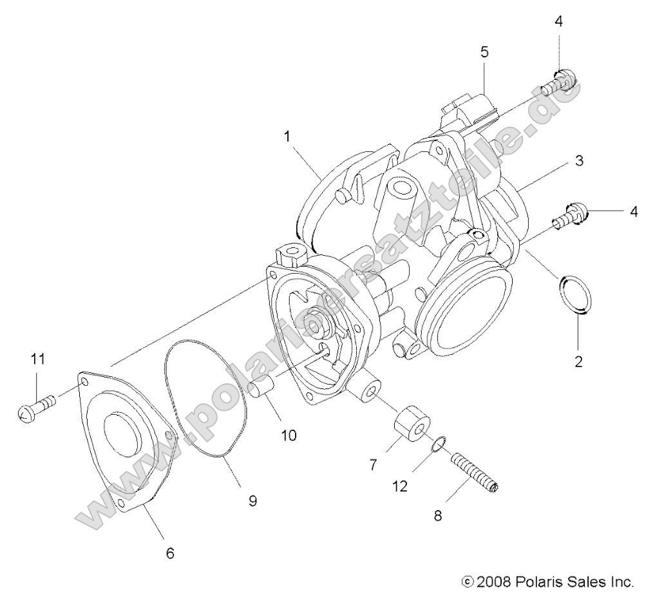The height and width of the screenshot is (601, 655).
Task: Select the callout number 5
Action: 484,52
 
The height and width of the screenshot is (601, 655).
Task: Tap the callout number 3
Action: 579,161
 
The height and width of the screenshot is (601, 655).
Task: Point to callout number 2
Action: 578,361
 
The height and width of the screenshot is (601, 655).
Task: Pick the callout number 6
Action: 170,552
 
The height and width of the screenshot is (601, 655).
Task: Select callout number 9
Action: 252,500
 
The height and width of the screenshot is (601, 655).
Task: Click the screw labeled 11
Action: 37,409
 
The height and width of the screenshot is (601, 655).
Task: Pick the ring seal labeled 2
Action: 575,295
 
